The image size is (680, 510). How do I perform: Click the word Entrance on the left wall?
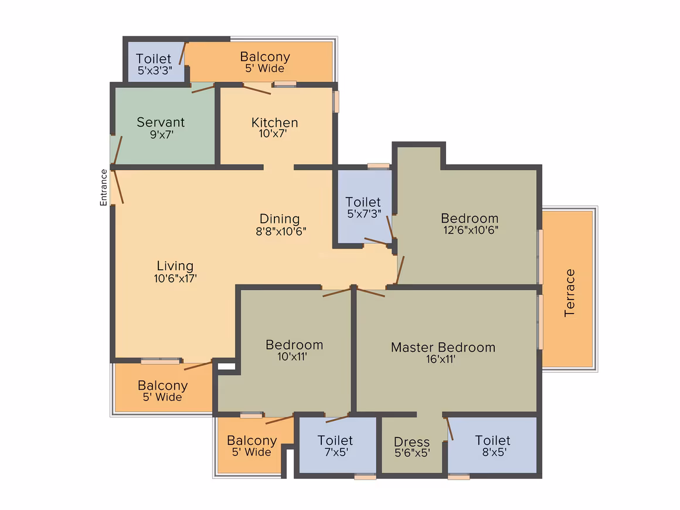104,188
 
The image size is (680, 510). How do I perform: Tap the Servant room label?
161,123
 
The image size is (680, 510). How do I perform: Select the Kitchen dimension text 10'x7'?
273,134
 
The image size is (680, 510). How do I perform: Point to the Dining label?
280,219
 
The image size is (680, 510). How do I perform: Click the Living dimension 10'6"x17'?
175,278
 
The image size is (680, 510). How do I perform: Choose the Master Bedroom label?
443,348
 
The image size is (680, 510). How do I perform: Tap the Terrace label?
569,293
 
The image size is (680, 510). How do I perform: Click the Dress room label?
412,442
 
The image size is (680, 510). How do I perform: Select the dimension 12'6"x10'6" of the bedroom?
471,230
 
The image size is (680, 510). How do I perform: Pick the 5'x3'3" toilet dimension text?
155,70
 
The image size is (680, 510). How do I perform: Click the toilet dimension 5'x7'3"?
364,213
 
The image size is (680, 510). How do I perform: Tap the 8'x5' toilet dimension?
494,452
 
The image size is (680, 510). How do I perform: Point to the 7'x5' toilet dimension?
336,452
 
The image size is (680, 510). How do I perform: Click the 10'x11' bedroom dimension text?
293,356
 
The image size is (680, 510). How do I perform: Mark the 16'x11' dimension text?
441,359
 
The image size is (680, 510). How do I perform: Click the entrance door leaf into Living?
118,186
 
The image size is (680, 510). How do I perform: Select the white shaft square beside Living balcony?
226,366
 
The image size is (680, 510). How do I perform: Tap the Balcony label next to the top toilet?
265,57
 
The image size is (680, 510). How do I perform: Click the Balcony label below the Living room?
162,386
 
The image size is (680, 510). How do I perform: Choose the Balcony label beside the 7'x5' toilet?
252,441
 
